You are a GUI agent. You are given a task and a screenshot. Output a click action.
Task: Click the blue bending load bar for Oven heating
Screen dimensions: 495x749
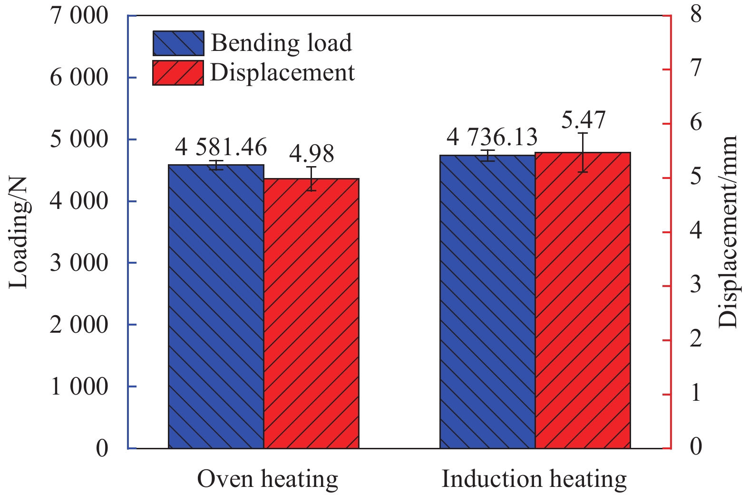click(x=216, y=307)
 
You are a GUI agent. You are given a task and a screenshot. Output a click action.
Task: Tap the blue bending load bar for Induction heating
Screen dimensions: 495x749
click(x=487, y=302)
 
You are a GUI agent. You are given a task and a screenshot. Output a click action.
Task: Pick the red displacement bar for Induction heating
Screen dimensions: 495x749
click(x=583, y=300)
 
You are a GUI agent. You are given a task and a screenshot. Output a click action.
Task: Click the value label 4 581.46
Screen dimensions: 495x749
click(x=221, y=148)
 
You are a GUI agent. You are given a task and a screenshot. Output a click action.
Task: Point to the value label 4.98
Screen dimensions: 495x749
click(x=311, y=154)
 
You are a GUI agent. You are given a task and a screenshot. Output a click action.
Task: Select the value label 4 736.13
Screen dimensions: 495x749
click(x=492, y=138)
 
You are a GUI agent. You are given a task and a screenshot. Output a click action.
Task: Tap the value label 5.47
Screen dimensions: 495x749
click(x=583, y=120)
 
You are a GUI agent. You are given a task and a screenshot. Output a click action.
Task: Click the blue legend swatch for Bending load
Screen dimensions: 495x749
click(x=178, y=43)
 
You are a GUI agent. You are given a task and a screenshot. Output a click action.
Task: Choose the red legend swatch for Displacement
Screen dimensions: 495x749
click(x=178, y=73)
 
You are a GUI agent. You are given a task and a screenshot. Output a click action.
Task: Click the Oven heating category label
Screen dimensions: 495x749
click(x=267, y=479)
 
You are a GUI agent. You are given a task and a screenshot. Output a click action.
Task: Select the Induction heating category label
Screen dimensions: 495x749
click(x=534, y=479)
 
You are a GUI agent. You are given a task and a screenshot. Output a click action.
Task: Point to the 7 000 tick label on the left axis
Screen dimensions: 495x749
click(x=79, y=16)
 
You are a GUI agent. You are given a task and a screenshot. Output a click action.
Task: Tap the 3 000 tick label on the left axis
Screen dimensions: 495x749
click(x=79, y=263)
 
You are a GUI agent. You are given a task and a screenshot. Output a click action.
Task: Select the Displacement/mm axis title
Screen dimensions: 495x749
click(x=728, y=232)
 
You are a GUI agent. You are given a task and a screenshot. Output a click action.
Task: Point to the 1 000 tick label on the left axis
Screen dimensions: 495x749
click(x=79, y=386)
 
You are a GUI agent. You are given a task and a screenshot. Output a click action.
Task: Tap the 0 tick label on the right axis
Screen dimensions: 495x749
click(x=696, y=447)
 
